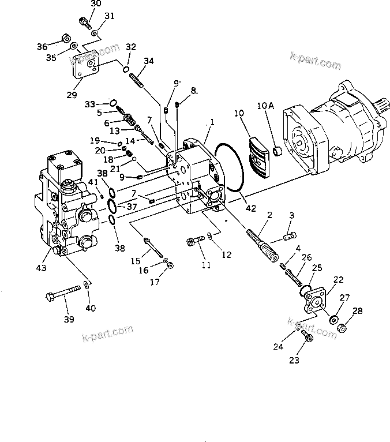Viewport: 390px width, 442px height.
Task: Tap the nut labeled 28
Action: (341, 328)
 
